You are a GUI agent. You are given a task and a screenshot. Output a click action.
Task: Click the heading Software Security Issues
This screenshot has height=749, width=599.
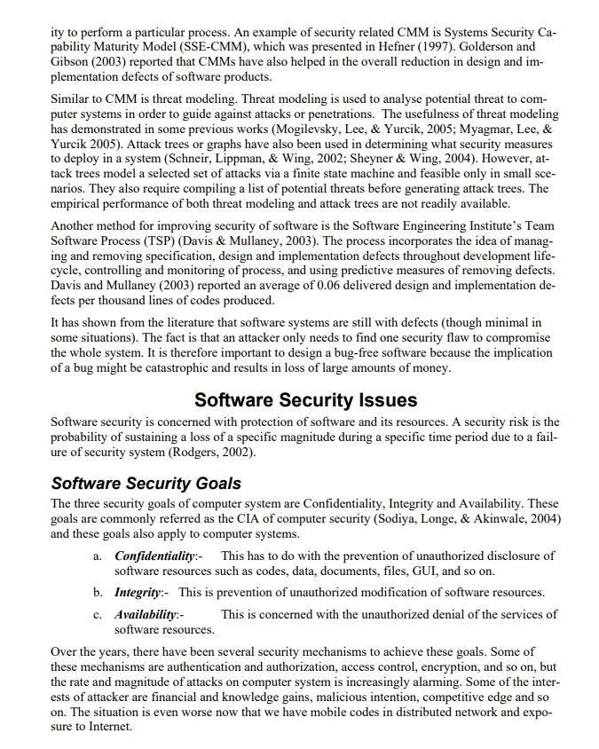tap(305, 399)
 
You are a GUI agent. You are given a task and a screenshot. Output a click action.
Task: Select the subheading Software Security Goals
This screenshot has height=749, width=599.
tap(146, 484)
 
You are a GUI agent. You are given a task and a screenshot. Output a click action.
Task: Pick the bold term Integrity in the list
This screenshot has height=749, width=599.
tap(138, 592)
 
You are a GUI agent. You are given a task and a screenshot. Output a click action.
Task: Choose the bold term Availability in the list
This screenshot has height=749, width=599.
tap(146, 614)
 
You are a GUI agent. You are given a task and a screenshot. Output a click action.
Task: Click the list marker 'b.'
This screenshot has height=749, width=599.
tap(98, 592)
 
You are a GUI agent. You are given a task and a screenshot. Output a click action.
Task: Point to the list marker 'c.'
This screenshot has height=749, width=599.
tap(98, 614)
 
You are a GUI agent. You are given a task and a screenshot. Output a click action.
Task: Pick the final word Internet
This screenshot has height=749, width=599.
tap(108, 726)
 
